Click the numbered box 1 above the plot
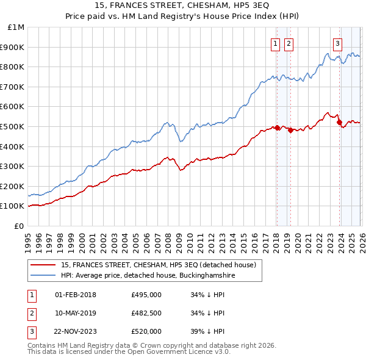275,43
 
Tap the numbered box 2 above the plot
288,43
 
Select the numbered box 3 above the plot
337,43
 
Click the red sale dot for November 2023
339,123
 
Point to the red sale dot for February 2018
276,128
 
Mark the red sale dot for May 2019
290,130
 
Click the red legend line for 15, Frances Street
44,265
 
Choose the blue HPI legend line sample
44,275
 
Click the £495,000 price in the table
146,295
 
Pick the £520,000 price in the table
146,331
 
